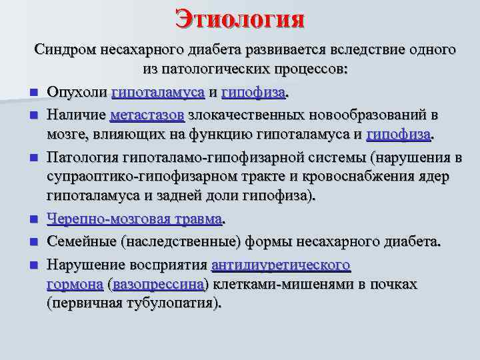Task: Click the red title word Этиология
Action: [240, 17]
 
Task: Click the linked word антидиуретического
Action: [281, 265]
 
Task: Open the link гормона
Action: [75, 284]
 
